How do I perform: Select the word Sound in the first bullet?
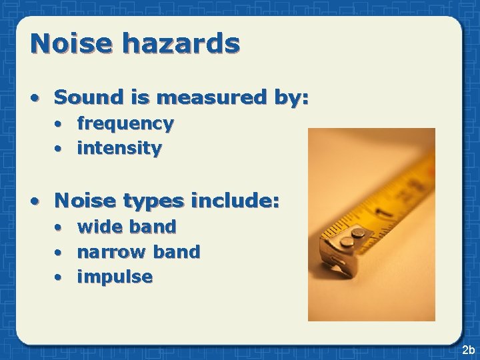pos(83,97)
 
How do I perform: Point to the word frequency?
pos(125,124)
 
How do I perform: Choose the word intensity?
pos(119,148)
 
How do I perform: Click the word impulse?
pos(115,277)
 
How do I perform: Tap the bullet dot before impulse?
pos(59,277)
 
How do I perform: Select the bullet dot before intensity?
pos(59,149)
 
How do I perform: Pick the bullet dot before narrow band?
pos(59,252)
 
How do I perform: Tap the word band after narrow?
pos(177,251)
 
